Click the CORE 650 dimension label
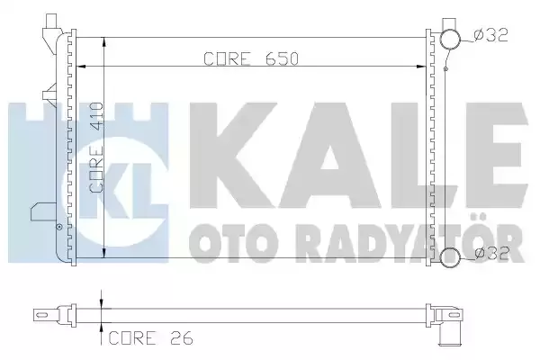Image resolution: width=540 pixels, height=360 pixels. (x=251, y=58)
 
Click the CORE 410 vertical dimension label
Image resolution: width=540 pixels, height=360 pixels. (x=96, y=148)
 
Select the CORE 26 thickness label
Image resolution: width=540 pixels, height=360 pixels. (x=151, y=338)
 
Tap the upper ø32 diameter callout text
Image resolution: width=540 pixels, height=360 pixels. (x=490, y=35)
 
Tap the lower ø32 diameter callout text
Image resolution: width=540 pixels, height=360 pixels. (x=491, y=253)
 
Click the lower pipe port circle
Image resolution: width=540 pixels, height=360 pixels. (x=451, y=257)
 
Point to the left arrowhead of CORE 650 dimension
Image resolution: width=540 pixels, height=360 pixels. (x=80, y=66)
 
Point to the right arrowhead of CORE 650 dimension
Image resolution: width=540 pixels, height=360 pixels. (x=421, y=66)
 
